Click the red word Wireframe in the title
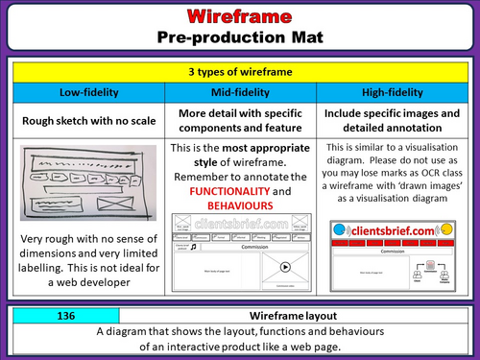(239, 17)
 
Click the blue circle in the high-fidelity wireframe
(337, 230)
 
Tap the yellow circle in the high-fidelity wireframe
(446, 230)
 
